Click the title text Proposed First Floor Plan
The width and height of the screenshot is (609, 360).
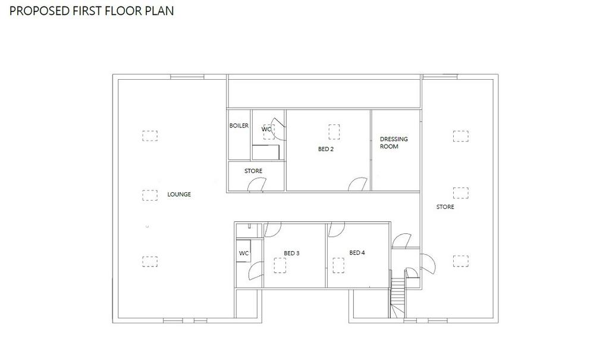pos(92,11)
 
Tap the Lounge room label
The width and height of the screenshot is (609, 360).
pos(179,195)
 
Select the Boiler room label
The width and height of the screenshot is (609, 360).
pos(239,126)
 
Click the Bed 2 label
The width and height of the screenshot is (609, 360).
pos(326,149)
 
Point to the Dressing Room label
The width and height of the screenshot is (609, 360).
pos(394,143)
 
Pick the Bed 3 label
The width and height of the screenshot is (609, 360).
pos(291,253)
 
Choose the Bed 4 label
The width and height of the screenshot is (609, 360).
pos(357,253)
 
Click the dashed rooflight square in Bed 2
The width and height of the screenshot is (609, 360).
pos(334,132)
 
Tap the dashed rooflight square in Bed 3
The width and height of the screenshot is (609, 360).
pos(280,265)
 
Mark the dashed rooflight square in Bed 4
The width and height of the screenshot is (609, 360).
pos(338,265)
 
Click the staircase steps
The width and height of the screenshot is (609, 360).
pos(397,298)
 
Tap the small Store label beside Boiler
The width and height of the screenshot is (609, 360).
pos(253,171)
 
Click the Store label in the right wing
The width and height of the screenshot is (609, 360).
pos(445,207)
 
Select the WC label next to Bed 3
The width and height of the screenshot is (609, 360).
pos(244,253)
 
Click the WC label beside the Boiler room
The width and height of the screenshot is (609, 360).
pos(266,129)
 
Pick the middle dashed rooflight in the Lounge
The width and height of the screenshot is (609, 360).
pos(150,195)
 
